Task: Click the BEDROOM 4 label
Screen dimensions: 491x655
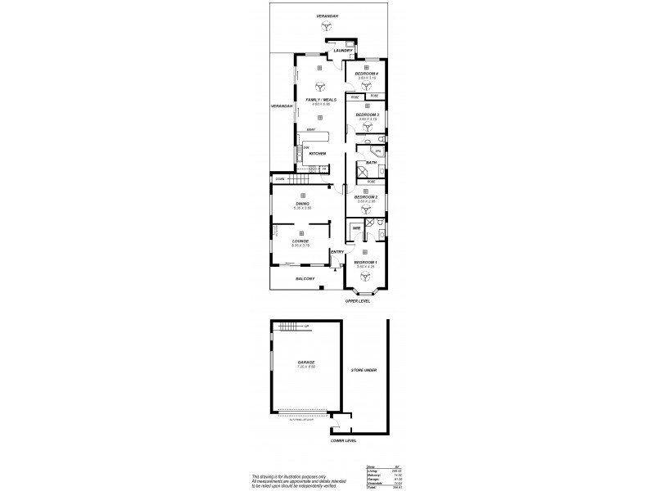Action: click(x=366, y=74)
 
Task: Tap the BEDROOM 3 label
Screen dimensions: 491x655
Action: click(x=366, y=115)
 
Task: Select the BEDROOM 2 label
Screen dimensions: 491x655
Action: click(x=365, y=197)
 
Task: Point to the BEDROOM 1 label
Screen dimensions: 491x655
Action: click(x=365, y=262)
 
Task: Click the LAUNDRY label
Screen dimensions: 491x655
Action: click(x=342, y=51)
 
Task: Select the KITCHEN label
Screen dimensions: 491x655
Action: click(x=318, y=154)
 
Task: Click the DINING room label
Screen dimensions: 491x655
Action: click(x=303, y=205)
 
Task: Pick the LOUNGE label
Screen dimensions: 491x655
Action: click(x=302, y=241)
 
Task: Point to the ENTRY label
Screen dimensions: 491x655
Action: click(x=337, y=251)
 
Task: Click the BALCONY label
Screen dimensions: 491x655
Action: click(x=305, y=278)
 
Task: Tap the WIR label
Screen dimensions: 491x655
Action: click(x=355, y=228)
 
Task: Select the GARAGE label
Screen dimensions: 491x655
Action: click(x=306, y=362)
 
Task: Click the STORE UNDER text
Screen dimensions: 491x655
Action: click(x=364, y=370)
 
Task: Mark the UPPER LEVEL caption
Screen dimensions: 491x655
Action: click(x=358, y=301)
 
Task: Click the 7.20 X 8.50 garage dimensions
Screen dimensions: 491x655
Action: click(x=306, y=367)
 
